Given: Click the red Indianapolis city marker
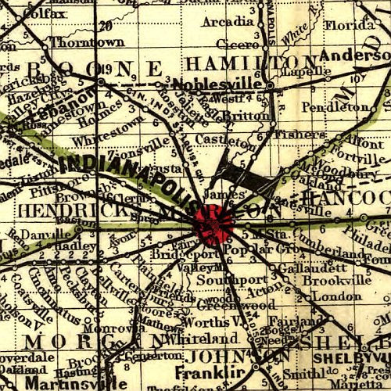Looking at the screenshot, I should click(213, 222).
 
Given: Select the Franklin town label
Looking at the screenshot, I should click(199, 372).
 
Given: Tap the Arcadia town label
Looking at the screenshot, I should click(228, 22).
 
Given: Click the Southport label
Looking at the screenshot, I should click(222, 279).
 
